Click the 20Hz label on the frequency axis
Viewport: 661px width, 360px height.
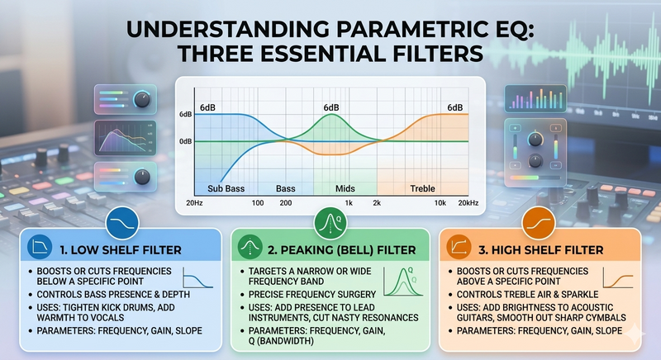point(194,203)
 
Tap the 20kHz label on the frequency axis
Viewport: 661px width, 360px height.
point(468,203)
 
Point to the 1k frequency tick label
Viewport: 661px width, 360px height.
point(349,203)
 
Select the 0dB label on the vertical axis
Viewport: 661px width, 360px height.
point(185,141)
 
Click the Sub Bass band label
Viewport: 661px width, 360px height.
point(226,188)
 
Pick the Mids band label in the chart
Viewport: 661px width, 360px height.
point(345,188)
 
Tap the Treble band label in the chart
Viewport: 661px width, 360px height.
point(422,188)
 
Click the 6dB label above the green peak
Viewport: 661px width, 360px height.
point(331,108)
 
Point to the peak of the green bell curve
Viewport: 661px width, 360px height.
point(331,114)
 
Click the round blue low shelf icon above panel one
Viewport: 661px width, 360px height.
point(122,223)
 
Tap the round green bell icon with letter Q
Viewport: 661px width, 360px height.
point(330,223)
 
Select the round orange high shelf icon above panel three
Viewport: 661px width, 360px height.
point(539,223)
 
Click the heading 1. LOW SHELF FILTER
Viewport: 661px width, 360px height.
point(121,250)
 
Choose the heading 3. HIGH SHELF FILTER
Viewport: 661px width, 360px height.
point(541,250)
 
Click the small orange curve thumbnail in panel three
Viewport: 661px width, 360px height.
point(618,278)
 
